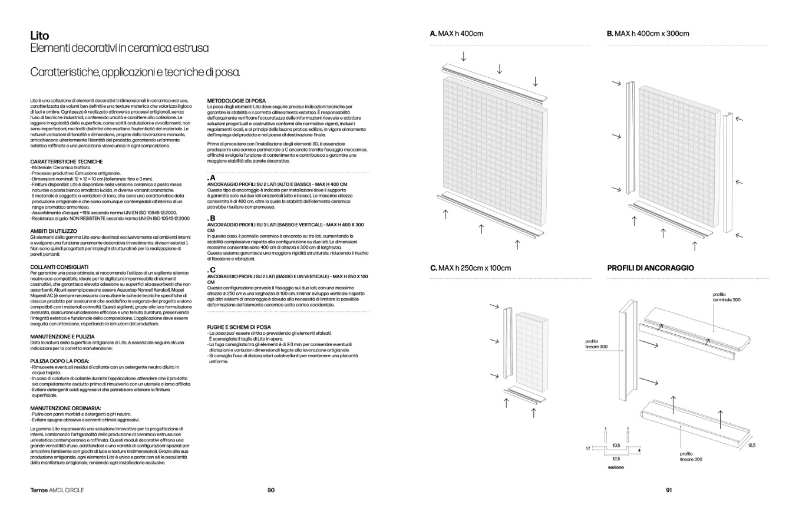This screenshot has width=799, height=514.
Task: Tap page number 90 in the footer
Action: (271, 490)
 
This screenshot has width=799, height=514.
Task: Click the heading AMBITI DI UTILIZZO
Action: (54, 231)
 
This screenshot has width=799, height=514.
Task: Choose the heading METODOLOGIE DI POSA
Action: (237, 101)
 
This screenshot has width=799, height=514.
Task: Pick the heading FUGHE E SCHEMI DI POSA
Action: (239, 327)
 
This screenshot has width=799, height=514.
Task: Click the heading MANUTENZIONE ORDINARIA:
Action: (65, 407)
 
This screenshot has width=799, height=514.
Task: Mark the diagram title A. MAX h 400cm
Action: (457, 34)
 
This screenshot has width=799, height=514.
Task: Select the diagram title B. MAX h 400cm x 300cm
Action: (648, 34)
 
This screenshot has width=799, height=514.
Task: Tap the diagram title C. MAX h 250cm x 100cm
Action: (470, 268)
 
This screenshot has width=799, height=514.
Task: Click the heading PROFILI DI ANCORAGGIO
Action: (650, 268)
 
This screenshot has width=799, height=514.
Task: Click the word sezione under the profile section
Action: (616, 467)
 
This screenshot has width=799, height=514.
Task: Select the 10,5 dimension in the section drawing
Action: (616, 446)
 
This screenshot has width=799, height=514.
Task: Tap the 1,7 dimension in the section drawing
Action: (587, 449)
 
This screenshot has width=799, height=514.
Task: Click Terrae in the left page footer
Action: (40, 490)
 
